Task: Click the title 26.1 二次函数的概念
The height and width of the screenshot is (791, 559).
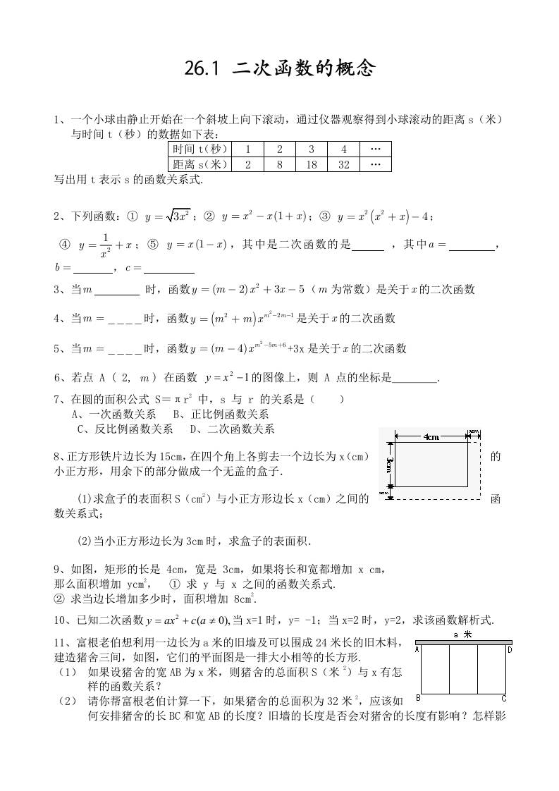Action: pos(280,68)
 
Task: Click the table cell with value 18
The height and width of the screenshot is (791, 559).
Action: pos(312,164)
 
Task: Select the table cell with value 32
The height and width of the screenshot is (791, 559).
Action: pos(344,164)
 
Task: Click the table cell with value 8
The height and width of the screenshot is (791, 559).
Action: pos(280,164)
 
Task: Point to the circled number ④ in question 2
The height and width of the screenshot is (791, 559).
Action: pos(65,245)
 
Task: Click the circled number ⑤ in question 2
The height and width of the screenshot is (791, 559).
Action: pos(152,245)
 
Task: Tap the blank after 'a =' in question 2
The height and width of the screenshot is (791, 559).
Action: pos(472,247)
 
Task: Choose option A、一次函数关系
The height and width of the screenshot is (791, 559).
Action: pos(113,414)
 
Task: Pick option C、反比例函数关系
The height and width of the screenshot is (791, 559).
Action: pos(125,429)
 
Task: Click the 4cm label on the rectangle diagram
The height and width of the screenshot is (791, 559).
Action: pos(431,437)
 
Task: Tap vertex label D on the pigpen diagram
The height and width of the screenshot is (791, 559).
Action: pos(509,649)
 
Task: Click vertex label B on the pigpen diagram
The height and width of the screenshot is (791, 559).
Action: pos(418,698)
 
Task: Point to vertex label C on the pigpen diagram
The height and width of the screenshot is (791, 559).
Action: pos(504,699)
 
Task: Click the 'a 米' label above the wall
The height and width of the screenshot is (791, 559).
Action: pos(463,634)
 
